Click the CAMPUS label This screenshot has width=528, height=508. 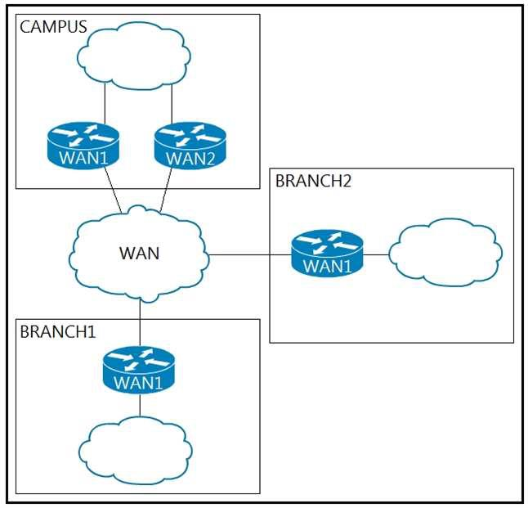pyautogui.click(x=54, y=25)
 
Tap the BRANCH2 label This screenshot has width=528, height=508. pyautogui.click(x=313, y=181)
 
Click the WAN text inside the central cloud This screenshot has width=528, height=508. pyautogui.click(x=140, y=253)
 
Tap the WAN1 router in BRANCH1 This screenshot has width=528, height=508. pyautogui.click(x=139, y=370)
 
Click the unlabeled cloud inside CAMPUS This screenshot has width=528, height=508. pyautogui.click(x=135, y=56)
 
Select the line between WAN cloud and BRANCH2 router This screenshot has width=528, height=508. pyautogui.click(x=249, y=254)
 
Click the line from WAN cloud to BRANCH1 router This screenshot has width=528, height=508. pyautogui.click(x=140, y=319)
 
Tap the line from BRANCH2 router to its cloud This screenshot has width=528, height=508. pyautogui.click(x=376, y=254)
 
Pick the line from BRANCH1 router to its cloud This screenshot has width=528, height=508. pyautogui.click(x=139, y=404)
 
